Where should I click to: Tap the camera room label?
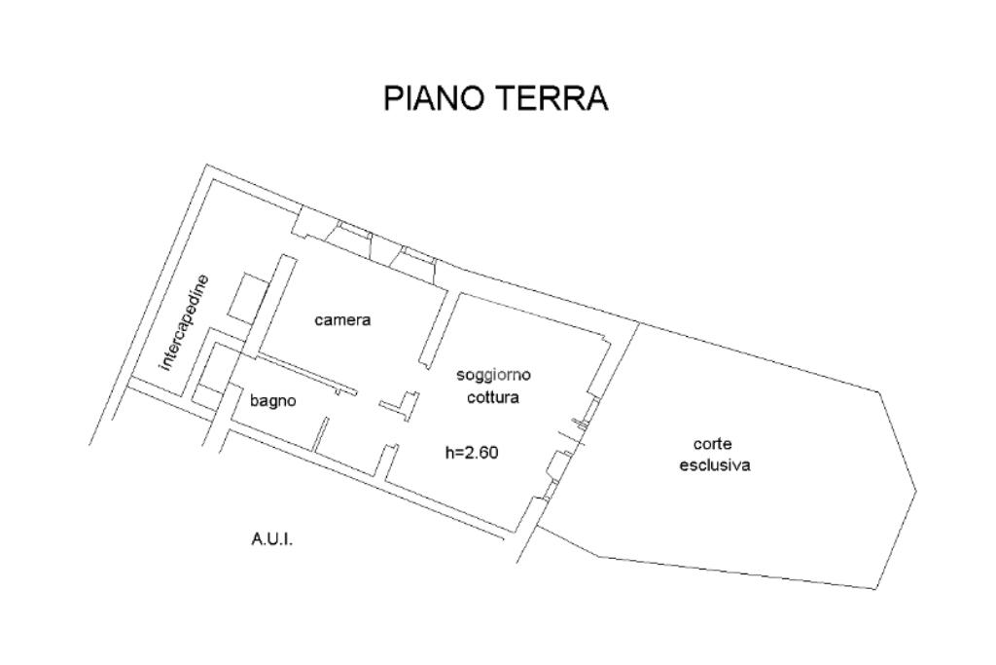pyautogui.click(x=342, y=320)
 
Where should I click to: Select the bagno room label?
pyautogui.click(x=272, y=400)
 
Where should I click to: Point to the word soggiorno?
pyautogui.click(x=494, y=375)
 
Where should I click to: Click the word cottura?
pyautogui.click(x=493, y=397)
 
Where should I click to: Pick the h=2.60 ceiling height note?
pyautogui.click(x=472, y=452)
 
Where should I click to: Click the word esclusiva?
pyautogui.click(x=714, y=465)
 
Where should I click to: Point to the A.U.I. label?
pyautogui.click(x=272, y=537)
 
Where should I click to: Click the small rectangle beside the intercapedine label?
pyautogui.click(x=245, y=297)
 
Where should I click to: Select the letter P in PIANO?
pyautogui.click(x=394, y=98)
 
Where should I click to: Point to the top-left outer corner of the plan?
pyautogui.click(x=207, y=166)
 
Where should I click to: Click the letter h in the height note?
pyautogui.click(x=449, y=452)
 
